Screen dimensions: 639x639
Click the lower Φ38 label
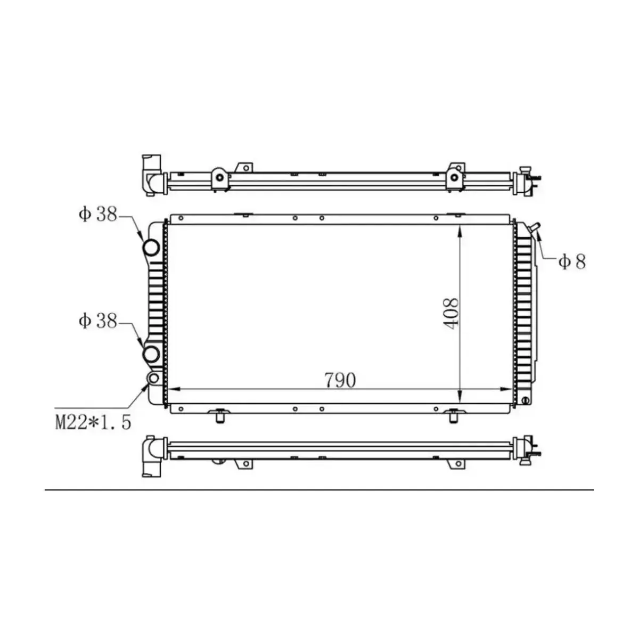tap(98, 321)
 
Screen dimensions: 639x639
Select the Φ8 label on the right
tap(572, 261)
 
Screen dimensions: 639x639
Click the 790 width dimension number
tap(339, 380)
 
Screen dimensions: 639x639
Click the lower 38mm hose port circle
tap(151, 354)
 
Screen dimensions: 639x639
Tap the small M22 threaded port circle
tap(153, 379)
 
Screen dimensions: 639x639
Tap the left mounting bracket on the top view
tap(219, 177)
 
